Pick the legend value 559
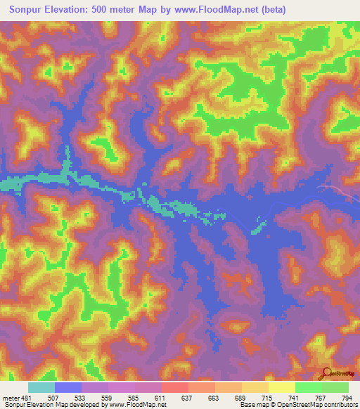pyautogui.click(x=108, y=397)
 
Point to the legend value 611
pyautogui.click(x=161, y=397)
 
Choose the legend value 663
pyautogui.click(x=215, y=397)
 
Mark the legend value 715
pyautogui.click(x=269, y=397)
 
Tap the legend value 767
pyautogui.click(x=322, y=397)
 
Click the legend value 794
pyautogui.click(x=348, y=397)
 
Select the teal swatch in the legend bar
pyautogui.click(x=41, y=387)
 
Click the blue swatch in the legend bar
pyautogui.click(x=68, y=387)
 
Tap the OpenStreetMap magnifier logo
pyautogui.click(x=326, y=374)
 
